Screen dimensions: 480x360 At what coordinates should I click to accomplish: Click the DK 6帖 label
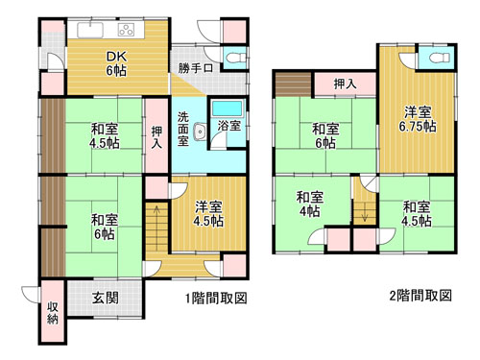click(x=116, y=63)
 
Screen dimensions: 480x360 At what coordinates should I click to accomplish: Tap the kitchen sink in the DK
click(x=90, y=30)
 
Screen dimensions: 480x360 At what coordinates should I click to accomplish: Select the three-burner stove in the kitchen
click(x=126, y=30)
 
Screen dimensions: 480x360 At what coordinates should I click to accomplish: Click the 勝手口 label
click(x=196, y=68)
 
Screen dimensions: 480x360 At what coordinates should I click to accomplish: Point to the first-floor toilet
click(x=235, y=59)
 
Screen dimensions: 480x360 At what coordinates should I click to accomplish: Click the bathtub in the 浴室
click(x=228, y=108)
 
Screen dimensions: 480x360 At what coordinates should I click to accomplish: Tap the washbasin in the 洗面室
click(x=200, y=132)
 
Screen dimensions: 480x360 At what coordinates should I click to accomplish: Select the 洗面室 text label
click(x=182, y=129)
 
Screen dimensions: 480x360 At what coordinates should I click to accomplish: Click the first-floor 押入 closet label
click(x=156, y=137)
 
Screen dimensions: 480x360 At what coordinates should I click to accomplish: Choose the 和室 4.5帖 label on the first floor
click(x=105, y=136)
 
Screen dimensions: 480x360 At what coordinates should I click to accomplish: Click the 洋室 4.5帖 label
click(x=209, y=214)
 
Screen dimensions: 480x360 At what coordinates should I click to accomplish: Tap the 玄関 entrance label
click(x=106, y=298)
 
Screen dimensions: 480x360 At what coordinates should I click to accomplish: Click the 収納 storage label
click(x=53, y=313)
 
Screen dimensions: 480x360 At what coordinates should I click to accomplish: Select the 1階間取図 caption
click(x=216, y=299)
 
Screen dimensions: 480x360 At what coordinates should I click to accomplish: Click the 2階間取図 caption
click(x=420, y=296)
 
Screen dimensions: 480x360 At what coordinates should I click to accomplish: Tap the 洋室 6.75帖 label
click(x=418, y=119)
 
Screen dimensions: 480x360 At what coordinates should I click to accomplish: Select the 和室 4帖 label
click(x=310, y=204)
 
